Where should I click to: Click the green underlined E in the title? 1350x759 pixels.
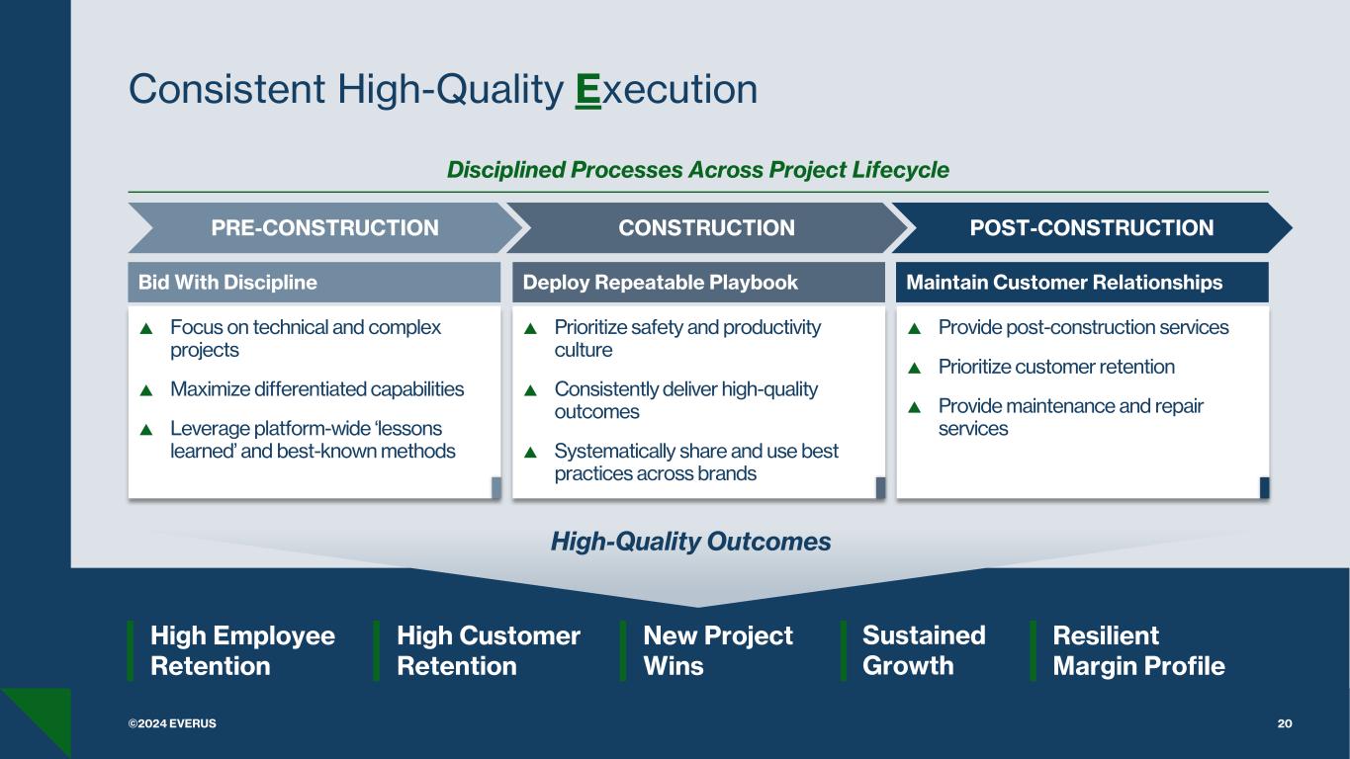(588, 90)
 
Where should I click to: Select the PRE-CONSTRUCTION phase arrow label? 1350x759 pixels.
(324, 228)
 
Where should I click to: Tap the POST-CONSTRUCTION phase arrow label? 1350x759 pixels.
(1091, 228)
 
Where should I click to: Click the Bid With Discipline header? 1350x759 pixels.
(227, 283)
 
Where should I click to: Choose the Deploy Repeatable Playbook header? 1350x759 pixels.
(660, 283)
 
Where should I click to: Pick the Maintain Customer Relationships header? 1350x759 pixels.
(1064, 283)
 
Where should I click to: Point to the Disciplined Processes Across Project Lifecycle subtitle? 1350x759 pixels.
(697, 170)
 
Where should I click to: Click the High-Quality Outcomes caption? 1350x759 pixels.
(690, 542)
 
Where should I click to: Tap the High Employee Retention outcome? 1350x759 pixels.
(242, 650)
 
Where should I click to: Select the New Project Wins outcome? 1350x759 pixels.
(717, 650)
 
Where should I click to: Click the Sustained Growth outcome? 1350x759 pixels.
(924, 650)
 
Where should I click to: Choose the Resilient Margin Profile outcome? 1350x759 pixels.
(1138, 650)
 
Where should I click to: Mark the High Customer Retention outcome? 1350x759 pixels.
(488, 650)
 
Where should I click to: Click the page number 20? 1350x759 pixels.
(1285, 723)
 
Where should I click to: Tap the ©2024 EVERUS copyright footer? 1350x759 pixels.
(171, 723)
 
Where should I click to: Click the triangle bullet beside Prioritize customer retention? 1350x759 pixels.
(914, 368)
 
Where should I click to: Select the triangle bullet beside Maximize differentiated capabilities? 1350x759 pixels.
(146, 390)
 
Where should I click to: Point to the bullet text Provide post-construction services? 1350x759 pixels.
(1083, 327)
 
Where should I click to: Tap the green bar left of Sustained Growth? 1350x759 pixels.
(844, 650)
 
